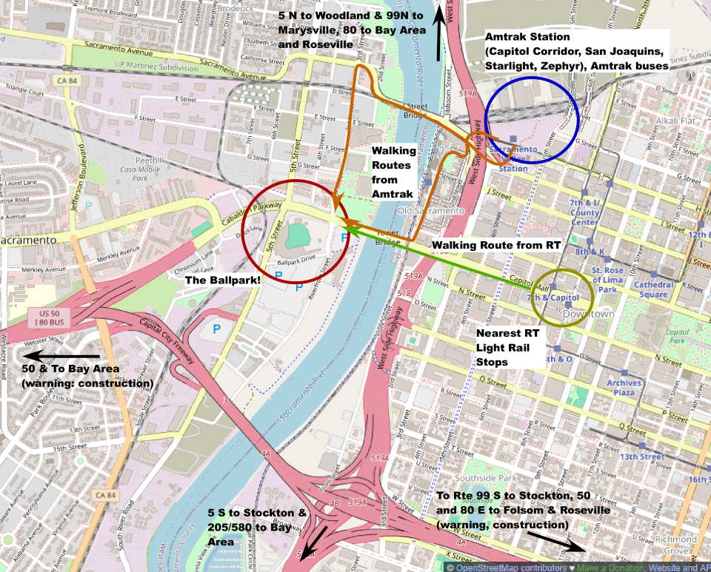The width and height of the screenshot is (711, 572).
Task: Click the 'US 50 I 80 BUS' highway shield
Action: point(47,318)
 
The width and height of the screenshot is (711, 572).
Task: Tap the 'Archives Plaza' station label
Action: point(624,387)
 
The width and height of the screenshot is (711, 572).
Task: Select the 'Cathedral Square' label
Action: point(653,289)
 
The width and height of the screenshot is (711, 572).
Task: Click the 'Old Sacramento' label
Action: point(430,211)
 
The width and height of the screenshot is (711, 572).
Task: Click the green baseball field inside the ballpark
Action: point(298,235)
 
